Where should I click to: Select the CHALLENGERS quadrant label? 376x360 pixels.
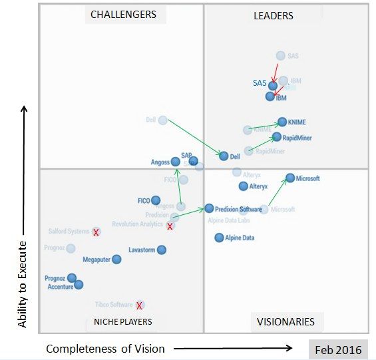[x=123, y=14]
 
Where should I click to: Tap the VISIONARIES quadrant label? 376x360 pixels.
[x=285, y=321]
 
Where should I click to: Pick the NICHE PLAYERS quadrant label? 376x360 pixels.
[x=118, y=321]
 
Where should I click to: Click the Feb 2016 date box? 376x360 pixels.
[x=339, y=349]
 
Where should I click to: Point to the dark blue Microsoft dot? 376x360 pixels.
[x=290, y=178]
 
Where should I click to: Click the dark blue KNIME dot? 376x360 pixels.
[x=282, y=122]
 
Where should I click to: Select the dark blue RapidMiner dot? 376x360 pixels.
[x=277, y=137]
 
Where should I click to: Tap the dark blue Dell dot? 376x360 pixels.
[x=224, y=156]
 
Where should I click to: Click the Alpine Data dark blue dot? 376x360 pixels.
[x=219, y=238]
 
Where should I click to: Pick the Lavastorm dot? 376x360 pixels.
[x=161, y=250]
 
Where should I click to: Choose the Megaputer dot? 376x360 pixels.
[x=116, y=260]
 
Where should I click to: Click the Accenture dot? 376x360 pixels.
[x=79, y=285]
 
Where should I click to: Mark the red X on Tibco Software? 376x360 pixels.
[x=140, y=305]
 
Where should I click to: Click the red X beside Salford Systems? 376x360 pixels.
[x=96, y=232]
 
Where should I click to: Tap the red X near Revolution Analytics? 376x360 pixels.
[x=170, y=227]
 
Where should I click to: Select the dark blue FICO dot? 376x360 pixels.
[x=155, y=200]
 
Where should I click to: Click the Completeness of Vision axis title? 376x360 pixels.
[x=105, y=348]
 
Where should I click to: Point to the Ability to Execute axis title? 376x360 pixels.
[x=22, y=273]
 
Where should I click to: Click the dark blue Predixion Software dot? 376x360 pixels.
[x=209, y=208]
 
